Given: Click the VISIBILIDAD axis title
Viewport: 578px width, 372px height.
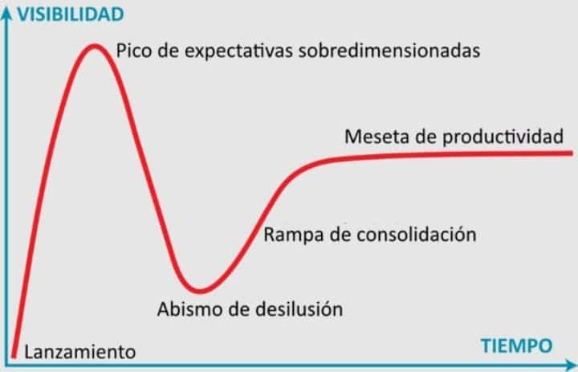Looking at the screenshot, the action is point(71,14).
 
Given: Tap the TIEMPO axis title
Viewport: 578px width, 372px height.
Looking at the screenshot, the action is point(517,345).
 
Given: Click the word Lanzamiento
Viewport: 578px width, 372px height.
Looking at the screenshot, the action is point(80,352).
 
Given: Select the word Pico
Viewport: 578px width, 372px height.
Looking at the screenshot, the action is point(134,50).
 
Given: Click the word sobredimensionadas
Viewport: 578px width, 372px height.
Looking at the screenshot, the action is point(389,50).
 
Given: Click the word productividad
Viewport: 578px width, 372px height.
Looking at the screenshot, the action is point(503,137).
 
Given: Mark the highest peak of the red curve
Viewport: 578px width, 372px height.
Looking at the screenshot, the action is point(95,47).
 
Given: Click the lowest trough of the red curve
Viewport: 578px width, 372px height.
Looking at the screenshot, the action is point(200,290).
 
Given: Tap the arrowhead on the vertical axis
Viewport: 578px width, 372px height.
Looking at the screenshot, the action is point(6,13).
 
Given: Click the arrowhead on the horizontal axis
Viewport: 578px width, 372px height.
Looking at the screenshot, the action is point(571,365).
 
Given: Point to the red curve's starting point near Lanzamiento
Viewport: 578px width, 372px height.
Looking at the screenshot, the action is point(14,355).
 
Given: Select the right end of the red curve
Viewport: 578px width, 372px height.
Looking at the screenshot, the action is point(571,153).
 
